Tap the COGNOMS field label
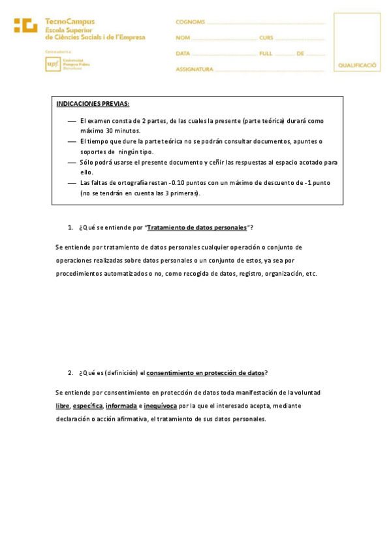(x=190, y=22)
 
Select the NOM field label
(x=183, y=38)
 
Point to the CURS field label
(x=266, y=38)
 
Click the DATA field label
(x=183, y=54)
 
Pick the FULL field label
(x=266, y=54)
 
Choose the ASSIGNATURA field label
(x=195, y=69)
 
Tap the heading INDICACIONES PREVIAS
(x=93, y=104)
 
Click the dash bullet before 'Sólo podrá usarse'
(x=72, y=162)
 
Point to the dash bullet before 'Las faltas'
(x=72, y=183)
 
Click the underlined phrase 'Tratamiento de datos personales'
(x=197, y=227)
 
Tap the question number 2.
(x=70, y=373)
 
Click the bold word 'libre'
(x=63, y=406)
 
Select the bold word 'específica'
(x=87, y=406)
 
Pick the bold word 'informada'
(x=121, y=406)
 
